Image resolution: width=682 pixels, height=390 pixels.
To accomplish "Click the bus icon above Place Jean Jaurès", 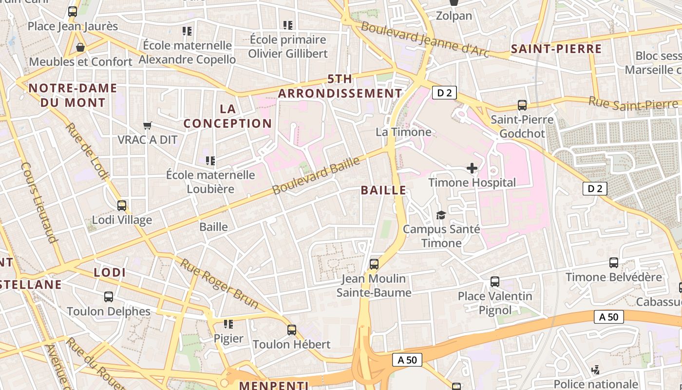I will pos(73,12).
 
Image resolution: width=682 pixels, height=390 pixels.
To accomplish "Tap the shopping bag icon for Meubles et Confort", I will pos(80,47).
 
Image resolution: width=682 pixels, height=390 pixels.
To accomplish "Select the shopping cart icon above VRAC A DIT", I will pos(148,125).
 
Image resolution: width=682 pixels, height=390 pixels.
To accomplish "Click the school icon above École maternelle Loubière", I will pos(210,160).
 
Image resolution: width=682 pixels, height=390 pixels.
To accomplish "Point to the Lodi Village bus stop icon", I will pos(122,206).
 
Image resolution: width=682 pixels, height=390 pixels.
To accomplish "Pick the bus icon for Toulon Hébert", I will pos(292,330).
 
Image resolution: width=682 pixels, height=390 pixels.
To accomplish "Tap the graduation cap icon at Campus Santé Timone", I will pos(441,215).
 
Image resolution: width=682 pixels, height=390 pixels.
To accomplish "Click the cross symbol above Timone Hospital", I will pos(472,169).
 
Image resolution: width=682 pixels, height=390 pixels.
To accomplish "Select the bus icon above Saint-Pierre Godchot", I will pos(522,105).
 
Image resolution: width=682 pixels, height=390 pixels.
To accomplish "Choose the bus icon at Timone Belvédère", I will pos(614,263).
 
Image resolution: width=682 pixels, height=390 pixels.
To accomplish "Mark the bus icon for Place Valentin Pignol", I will pos(495,282).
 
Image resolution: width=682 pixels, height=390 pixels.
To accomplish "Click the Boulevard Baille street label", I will pos(316,175).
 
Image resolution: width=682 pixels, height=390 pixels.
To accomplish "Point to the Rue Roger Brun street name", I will pos(219,283).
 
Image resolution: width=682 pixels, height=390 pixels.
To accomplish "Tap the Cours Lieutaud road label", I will pos(39,202).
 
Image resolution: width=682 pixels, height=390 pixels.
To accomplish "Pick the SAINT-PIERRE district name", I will pos(556,49).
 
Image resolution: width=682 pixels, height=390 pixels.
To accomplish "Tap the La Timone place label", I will pos(403,132).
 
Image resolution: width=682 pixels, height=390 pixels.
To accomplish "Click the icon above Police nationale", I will pos(595,370).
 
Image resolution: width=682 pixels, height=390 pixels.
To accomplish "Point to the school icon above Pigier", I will pos(228,324).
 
